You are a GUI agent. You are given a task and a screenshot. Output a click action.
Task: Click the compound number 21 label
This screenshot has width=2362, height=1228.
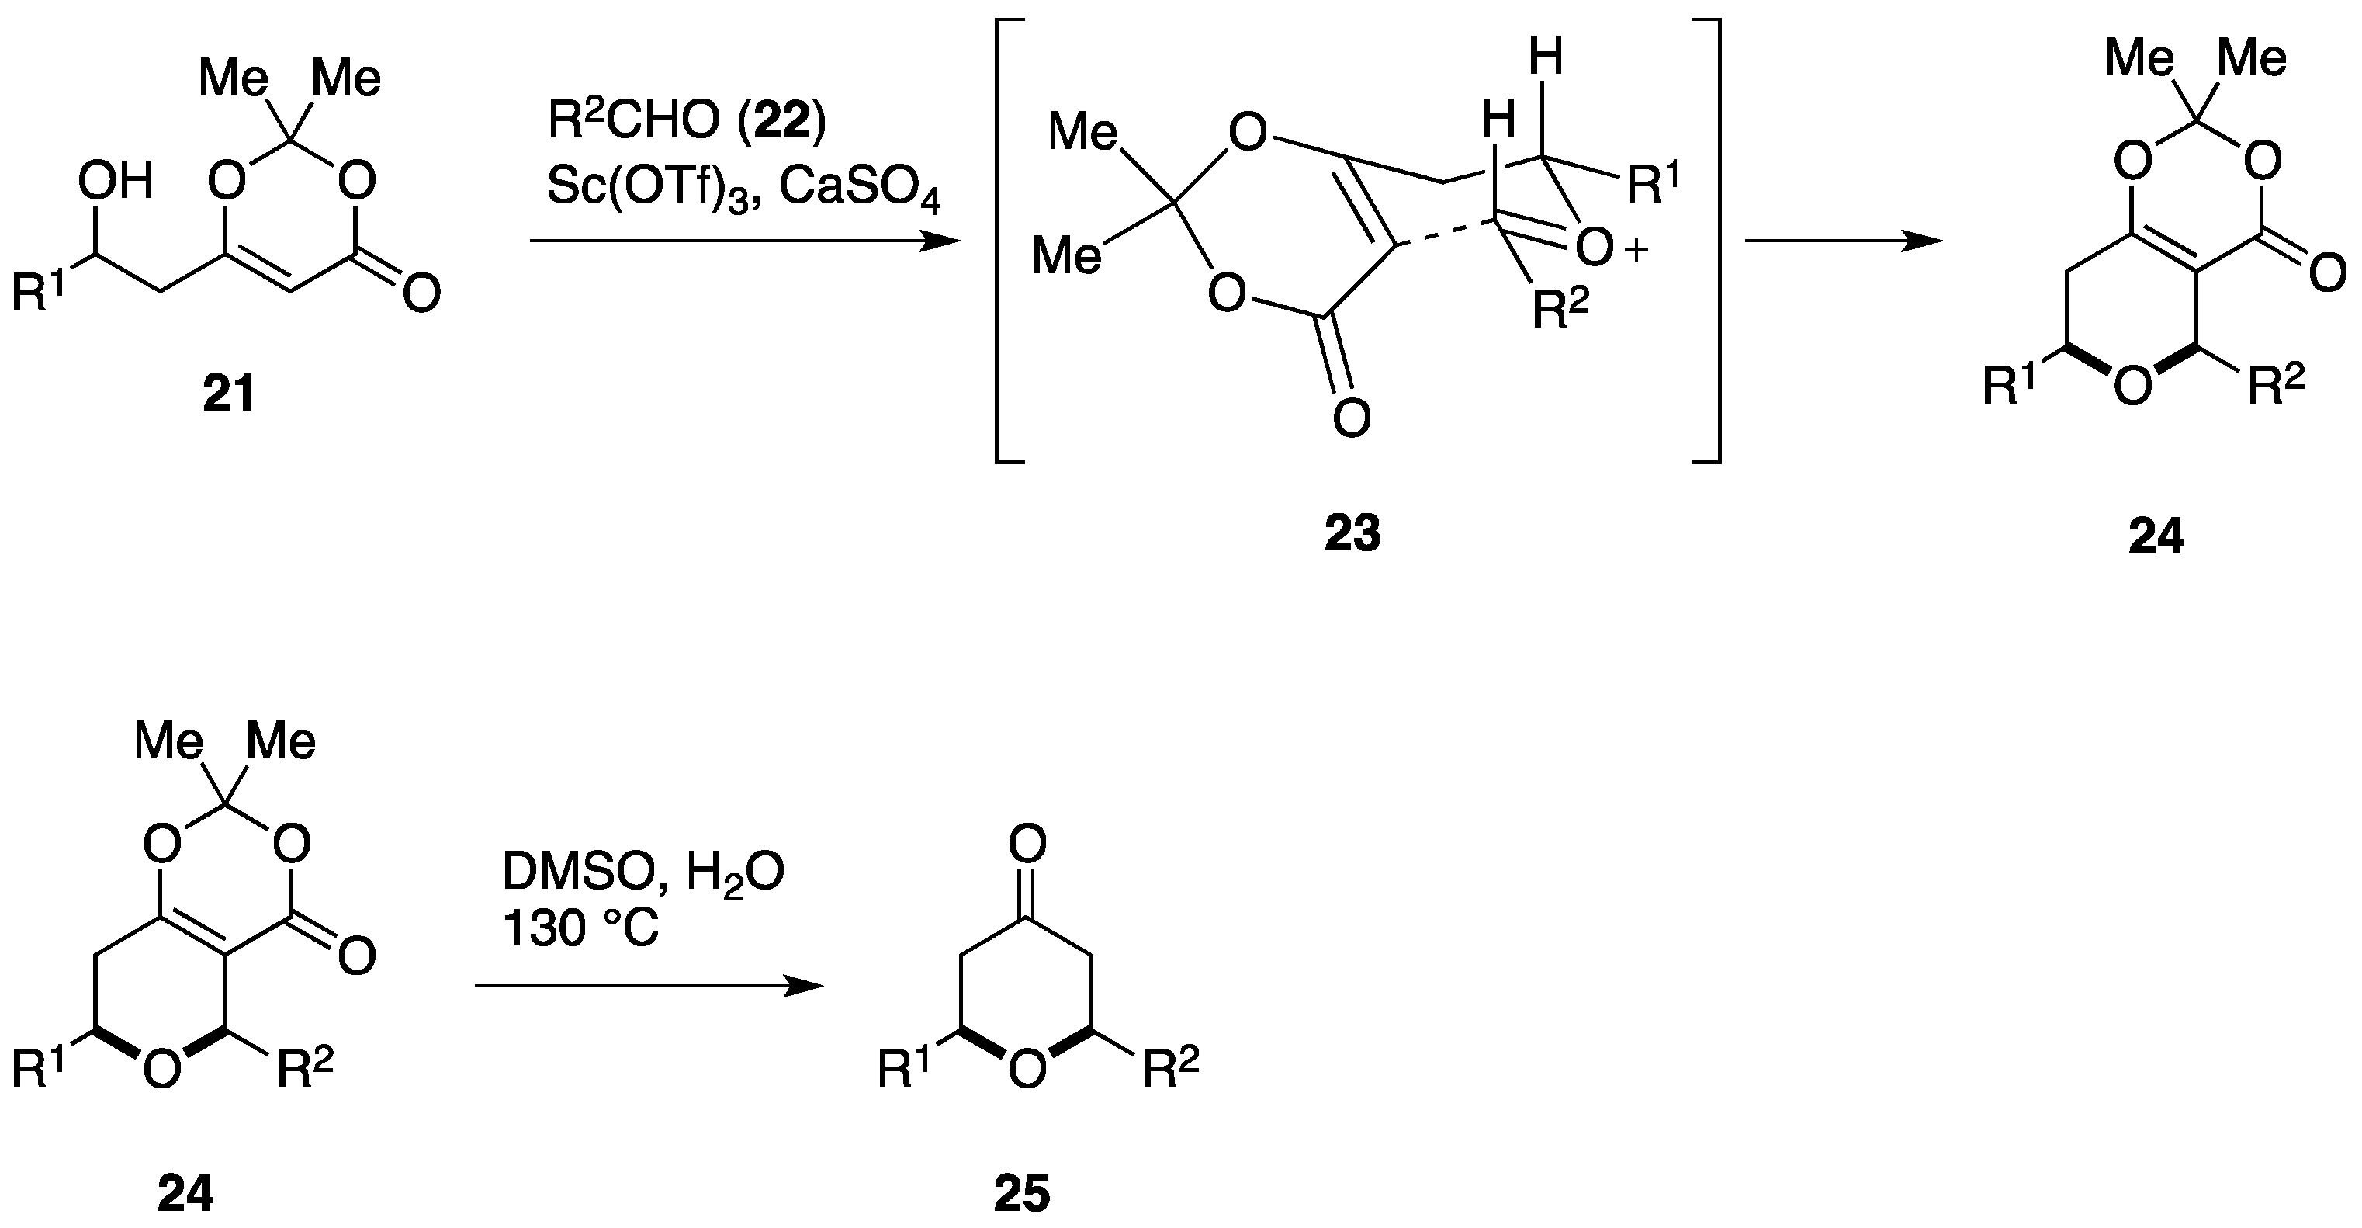228,395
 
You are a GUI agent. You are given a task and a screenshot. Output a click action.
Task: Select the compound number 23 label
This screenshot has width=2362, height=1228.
1352,534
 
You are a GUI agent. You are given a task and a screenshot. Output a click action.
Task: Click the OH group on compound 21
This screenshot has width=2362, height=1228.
115,182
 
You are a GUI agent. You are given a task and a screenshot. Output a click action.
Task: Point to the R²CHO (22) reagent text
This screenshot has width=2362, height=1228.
687,122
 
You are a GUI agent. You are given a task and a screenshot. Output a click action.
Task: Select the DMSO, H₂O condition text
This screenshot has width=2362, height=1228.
642,874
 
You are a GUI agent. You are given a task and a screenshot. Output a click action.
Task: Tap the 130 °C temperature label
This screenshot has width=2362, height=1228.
580,930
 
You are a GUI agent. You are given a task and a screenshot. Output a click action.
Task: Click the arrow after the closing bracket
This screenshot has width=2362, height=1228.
1842,242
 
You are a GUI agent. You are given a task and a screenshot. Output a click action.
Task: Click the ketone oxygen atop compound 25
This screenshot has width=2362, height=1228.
1027,843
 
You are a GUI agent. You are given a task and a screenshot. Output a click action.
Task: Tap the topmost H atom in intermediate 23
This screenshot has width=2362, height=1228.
1546,57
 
